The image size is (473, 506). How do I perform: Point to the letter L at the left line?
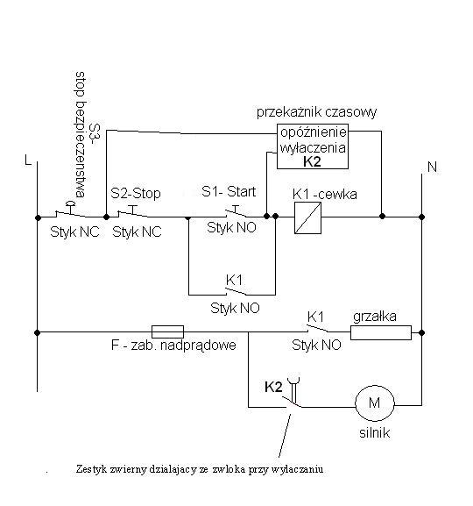pos(28,160)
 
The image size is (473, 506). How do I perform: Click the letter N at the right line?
pos(432,167)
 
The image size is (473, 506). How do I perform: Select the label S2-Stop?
pos(136,193)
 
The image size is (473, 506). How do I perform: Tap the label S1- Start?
pos(229,192)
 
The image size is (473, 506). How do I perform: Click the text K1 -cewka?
pos(325,195)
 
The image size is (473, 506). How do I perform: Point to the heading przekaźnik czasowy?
pos(316,112)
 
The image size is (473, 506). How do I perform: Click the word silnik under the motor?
pos(375,432)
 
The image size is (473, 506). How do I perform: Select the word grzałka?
pos(375,317)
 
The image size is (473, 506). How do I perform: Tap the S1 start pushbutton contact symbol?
pos(236,211)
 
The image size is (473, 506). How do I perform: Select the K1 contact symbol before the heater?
pos(318,329)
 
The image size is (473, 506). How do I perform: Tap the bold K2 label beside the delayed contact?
pos(273,387)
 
